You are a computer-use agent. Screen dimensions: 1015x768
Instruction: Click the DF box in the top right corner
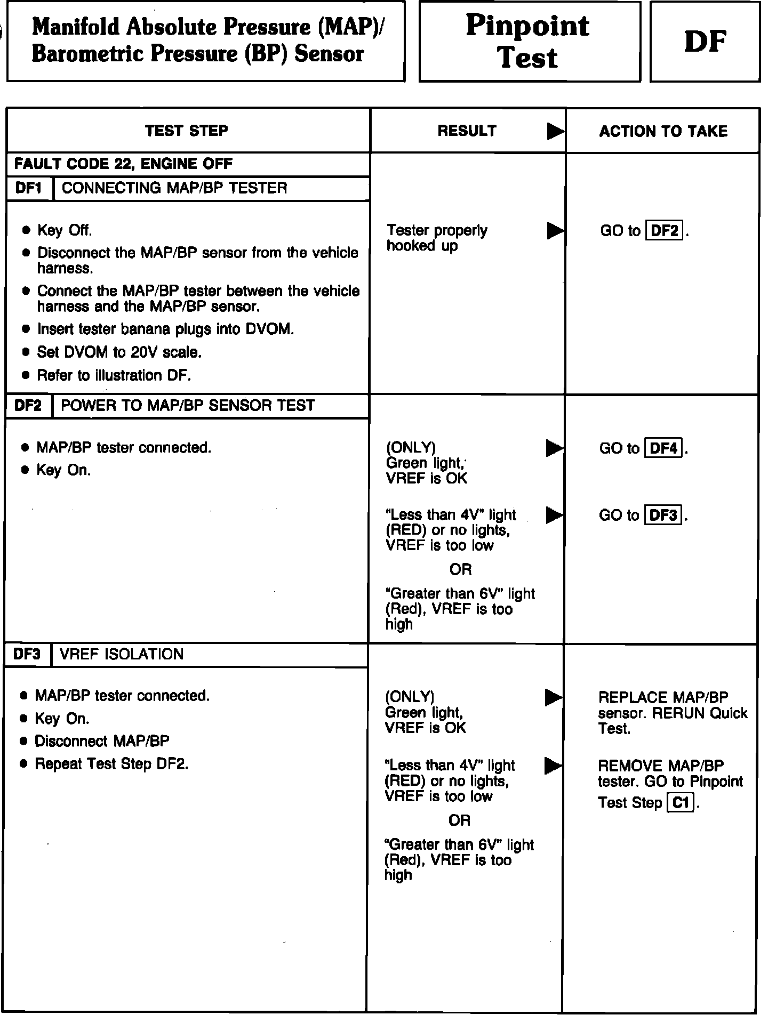click(x=705, y=42)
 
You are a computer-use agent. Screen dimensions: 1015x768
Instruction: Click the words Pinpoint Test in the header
click(x=528, y=42)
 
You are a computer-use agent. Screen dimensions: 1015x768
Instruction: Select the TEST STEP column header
click(x=187, y=131)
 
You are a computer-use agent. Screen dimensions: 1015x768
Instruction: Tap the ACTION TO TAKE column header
click(x=663, y=131)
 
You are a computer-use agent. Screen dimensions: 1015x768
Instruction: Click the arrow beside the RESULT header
click(x=555, y=131)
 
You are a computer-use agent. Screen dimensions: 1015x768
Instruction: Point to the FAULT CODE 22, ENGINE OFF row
click(x=124, y=164)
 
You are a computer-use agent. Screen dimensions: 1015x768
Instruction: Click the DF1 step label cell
click(x=29, y=188)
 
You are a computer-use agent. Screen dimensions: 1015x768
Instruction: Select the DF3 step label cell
click(x=28, y=654)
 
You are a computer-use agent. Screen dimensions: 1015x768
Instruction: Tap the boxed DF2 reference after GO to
click(x=665, y=231)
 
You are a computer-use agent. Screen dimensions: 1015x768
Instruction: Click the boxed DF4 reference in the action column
click(x=664, y=448)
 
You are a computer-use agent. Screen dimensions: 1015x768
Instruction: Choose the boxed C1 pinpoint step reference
click(x=681, y=802)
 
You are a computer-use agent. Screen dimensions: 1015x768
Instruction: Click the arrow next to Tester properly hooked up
click(x=555, y=231)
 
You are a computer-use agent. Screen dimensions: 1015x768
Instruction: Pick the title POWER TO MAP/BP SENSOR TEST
click(x=188, y=406)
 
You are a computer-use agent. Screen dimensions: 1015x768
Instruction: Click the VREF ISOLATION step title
click(x=122, y=654)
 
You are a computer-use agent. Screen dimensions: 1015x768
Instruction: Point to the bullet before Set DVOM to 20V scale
click(x=26, y=352)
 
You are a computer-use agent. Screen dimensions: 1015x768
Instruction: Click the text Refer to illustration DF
click(x=114, y=375)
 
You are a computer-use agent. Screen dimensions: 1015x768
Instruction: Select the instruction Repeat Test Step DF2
click(x=111, y=764)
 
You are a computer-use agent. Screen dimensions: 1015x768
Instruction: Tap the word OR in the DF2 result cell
click(x=460, y=569)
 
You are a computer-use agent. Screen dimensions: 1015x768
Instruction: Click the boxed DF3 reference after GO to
click(x=663, y=515)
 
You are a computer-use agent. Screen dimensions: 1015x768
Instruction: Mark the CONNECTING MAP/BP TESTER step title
click(x=174, y=188)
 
